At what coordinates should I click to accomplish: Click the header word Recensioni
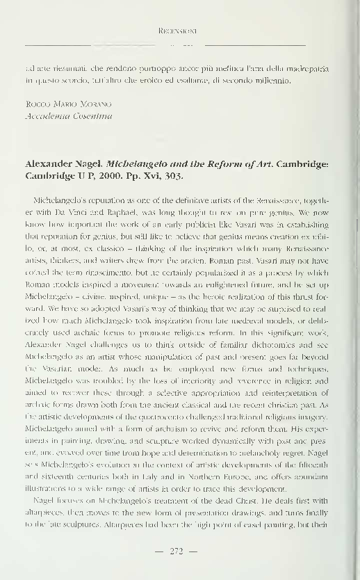pos(180,31)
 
